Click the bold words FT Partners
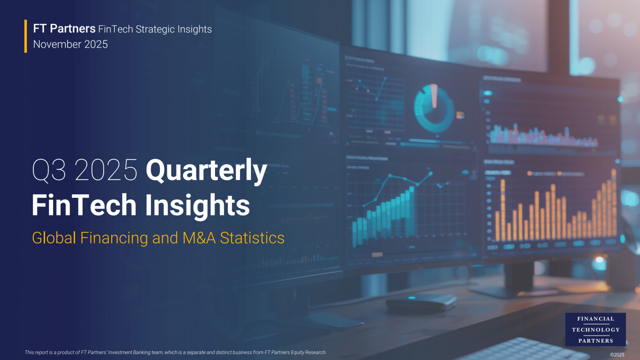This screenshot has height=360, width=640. point(64,29)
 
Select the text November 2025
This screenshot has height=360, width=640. point(70,44)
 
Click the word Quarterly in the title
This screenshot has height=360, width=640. point(206,171)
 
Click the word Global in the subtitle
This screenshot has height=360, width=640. point(54,237)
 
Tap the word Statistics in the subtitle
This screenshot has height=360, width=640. point(252,237)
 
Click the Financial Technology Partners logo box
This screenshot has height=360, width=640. point(595,329)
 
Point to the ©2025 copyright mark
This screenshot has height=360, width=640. point(617,354)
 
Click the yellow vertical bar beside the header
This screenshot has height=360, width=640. point(25,36)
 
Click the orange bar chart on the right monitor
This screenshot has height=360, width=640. point(555,212)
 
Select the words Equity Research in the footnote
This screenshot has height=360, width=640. point(307,352)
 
